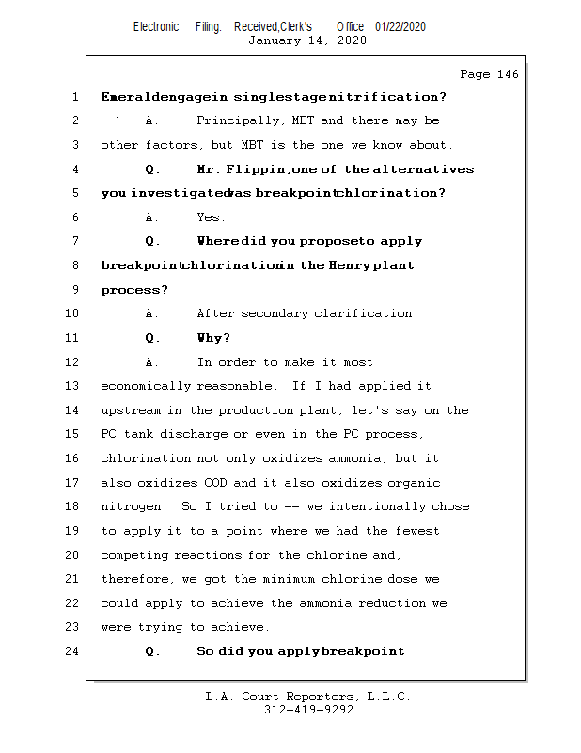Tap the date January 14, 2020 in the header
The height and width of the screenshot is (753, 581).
(x=306, y=40)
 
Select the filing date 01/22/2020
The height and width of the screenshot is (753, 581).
(x=400, y=26)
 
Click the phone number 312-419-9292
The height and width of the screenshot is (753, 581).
(x=308, y=710)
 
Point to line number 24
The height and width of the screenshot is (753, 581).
(x=74, y=650)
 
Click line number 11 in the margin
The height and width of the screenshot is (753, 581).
(x=74, y=338)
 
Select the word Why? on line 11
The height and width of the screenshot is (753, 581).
(x=213, y=338)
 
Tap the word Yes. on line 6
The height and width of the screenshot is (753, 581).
(x=211, y=217)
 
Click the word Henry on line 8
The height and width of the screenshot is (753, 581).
(x=349, y=265)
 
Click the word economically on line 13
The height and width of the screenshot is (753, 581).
(x=146, y=386)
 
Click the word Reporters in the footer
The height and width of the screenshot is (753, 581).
(x=320, y=697)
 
